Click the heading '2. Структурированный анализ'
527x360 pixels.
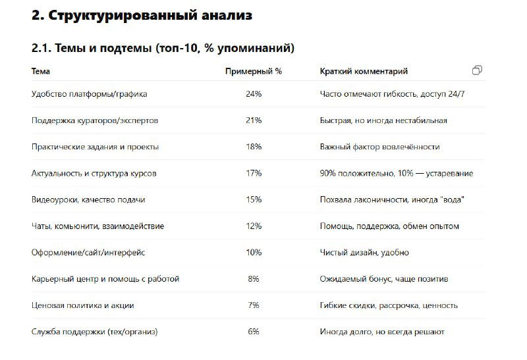(x=142, y=15)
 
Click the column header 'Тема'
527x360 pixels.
(x=41, y=71)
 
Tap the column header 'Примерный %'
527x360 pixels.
(x=254, y=71)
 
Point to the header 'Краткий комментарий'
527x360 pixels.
(x=364, y=71)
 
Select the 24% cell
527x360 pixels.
(x=254, y=94)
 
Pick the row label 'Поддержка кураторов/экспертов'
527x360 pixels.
(x=95, y=120)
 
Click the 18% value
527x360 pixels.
(x=254, y=147)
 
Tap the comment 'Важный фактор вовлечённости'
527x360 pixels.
(x=379, y=147)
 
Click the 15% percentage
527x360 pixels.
(x=254, y=199)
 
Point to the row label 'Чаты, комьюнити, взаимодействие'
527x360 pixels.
(x=97, y=226)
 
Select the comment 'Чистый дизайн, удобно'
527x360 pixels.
(x=364, y=252)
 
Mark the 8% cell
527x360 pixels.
(x=254, y=279)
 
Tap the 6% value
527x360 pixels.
(x=254, y=332)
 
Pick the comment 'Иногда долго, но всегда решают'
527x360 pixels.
(x=383, y=332)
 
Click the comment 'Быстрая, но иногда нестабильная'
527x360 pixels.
(x=383, y=120)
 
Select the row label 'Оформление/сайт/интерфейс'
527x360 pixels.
(x=88, y=252)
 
